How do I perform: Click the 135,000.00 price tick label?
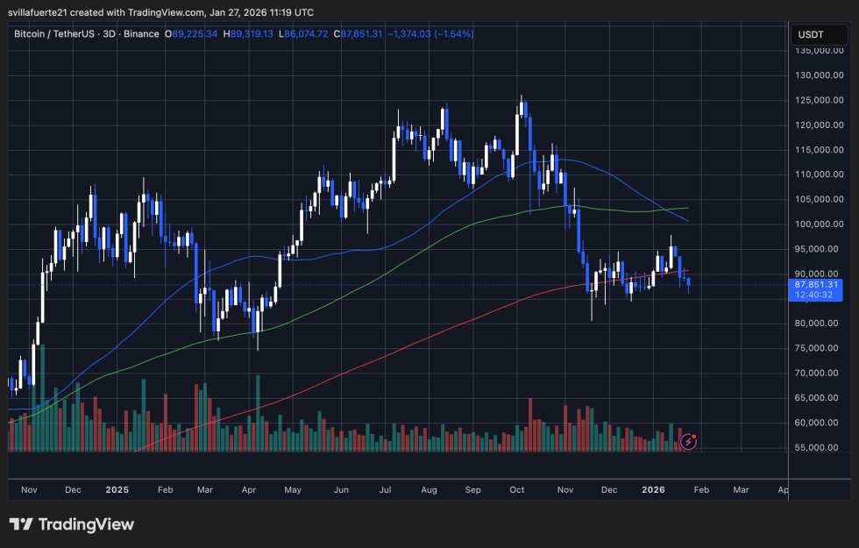[x=818, y=51]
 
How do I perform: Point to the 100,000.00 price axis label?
[x=818, y=224]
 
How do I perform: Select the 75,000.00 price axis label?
[x=818, y=348]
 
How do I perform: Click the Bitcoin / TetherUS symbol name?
[x=60, y=34]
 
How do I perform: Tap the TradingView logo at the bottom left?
[x=72, y=524]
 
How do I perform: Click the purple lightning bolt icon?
[x=689, y=442]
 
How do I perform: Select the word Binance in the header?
[x=142, y=34]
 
